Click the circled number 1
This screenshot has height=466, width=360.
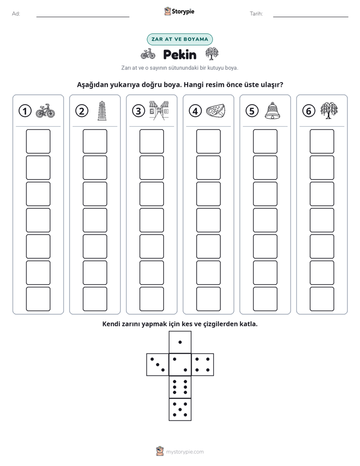click(x=25, y=111)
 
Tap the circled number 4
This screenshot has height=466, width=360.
click(x=195, y=111)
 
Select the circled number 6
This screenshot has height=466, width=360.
click(x=309, y=111)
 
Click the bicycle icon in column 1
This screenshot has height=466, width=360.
click(x=45, y=111)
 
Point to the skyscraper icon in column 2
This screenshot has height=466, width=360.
click(x=102, y=110)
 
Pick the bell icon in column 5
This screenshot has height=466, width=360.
click(x=272, y=110)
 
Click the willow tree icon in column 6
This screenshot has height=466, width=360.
click(x=329, y=110)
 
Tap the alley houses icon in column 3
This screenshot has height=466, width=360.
click(x=159, y=110)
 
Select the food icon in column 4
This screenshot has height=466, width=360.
click(x=216, y=111)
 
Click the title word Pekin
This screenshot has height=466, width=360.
click(x=179, y=54)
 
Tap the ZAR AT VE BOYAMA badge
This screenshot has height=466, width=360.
click(x=179, y=39)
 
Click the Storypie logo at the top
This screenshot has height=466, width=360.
click(x=179, y=11)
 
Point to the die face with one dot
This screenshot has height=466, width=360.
click(x=180, y=342)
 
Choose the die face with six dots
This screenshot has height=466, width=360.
click(x=180, y=387)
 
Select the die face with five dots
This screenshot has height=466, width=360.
click(x=180, y=410)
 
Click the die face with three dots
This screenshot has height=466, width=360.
click(x=158, y=365)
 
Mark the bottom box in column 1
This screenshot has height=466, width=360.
click(x=38, y=299)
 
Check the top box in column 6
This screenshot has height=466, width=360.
click(x=322, y=141)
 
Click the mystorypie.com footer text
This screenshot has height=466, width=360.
click(x=185, y=452)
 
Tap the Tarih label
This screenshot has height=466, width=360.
click(x=256, y=14)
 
